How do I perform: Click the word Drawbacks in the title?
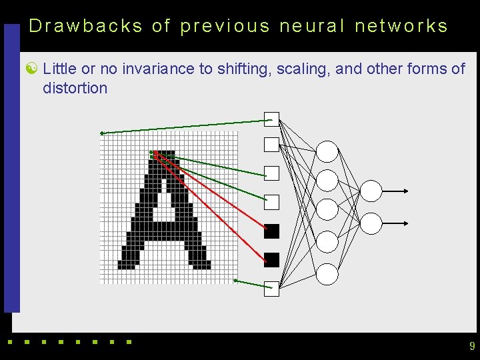coord(86,26)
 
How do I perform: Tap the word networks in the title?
coord(401,26)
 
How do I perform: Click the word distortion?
coord(75,87)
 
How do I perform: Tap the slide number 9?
coord(472,346)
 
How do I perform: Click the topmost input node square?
coord(271,119)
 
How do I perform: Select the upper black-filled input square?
coord(271,231)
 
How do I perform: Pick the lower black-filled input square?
coord(271,260)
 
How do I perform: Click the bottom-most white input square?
coord(271,289)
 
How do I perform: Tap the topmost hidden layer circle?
coord(327,151)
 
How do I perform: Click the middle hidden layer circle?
coord(327,209)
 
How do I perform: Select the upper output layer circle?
coord(371,191)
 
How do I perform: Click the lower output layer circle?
coord(371,223)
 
